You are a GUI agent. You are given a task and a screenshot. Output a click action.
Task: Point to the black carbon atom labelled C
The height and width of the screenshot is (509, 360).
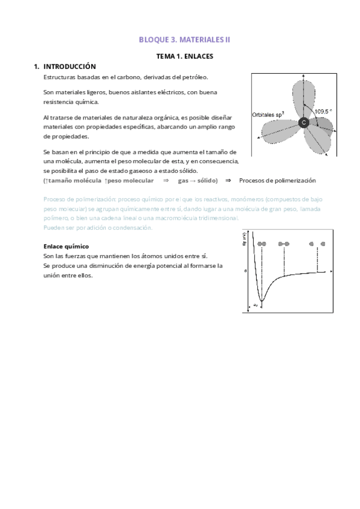(304, 122)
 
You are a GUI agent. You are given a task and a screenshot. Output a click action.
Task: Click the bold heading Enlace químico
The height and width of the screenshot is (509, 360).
(67, 246)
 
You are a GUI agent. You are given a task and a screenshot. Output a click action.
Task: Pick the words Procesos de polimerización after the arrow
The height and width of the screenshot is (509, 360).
(277, 181)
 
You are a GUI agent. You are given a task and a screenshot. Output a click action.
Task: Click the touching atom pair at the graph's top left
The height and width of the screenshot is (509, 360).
(261, 244)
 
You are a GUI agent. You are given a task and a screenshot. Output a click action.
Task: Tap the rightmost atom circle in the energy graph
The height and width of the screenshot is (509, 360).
(323, 244)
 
